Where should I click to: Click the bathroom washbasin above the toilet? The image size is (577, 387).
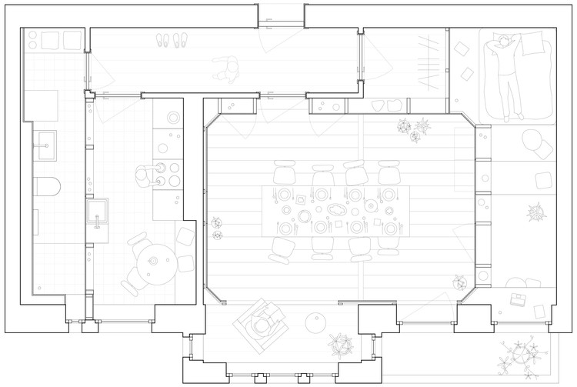point(43,142)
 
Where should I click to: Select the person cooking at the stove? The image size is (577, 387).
point(142,179)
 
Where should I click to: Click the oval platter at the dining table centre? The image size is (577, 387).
point(338,209)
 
